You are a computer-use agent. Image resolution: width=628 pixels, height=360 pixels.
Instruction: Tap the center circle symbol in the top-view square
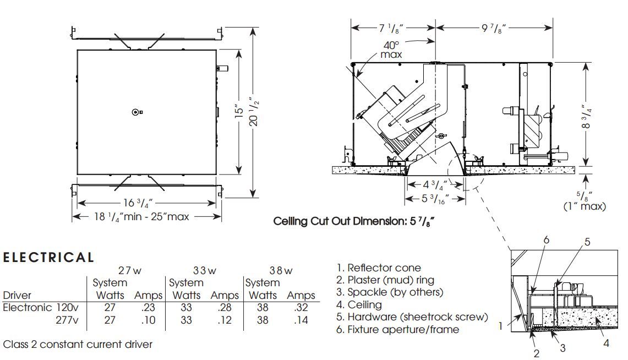[135, 112]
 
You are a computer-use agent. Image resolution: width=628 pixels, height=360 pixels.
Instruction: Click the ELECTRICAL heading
[49, 257]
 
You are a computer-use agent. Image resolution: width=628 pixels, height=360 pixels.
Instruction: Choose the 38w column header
[281, 270]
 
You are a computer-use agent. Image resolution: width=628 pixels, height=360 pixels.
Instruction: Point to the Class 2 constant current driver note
[78, 345]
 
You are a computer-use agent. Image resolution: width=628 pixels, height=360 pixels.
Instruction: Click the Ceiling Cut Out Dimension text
[352, 221]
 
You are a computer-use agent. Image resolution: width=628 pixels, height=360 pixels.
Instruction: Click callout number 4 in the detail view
[606, 343]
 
